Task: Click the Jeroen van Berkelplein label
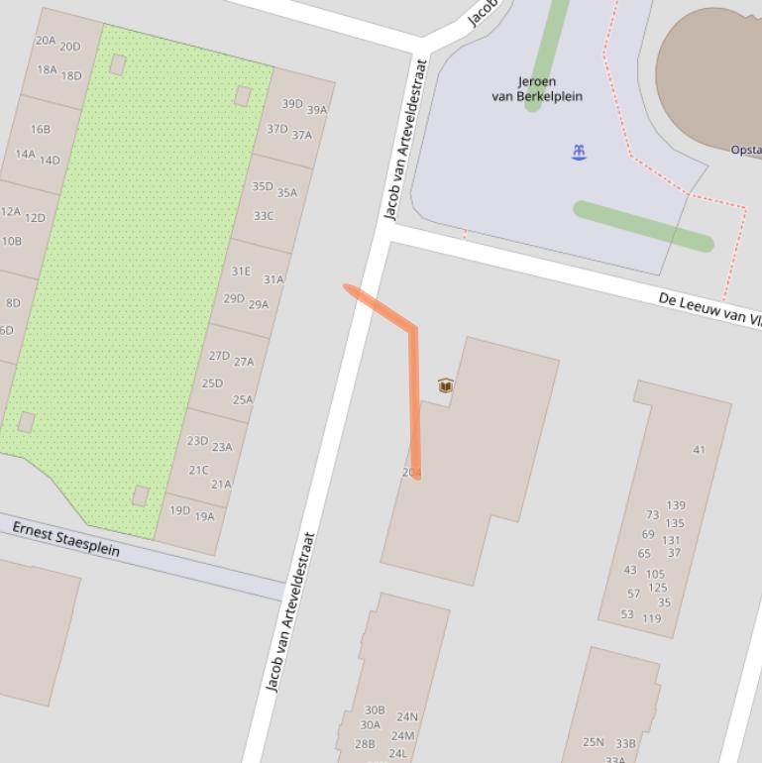536,89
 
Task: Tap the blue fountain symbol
579,152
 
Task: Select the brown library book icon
446,385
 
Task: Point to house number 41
699,450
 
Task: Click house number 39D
291,104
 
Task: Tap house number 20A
46,41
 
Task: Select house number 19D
179,510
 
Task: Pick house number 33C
263,216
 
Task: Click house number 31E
241,271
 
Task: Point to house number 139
676,505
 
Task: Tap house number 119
651,618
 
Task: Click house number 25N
593,741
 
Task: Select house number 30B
374,709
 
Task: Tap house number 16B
40,130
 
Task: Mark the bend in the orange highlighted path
413,328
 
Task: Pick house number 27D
218,356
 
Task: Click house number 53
626,614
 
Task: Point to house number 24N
407,716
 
